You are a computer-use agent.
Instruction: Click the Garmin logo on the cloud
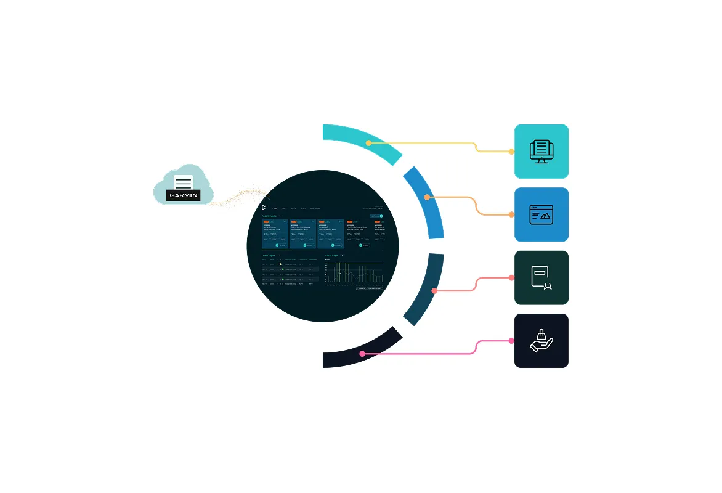click(x=184, y=195)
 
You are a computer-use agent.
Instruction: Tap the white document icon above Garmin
click(x=184, y=182)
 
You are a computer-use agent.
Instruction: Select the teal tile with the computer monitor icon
click(x=541, y=152)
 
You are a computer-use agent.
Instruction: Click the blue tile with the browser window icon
click(x=541, y=214)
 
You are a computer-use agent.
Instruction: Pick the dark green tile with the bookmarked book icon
click(x=541, y=278)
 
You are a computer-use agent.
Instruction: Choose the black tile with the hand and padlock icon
click(x=541, y=341)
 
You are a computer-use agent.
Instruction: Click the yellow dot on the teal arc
click(x=368, y=143)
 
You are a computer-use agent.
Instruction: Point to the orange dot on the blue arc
click(x=428, y=197)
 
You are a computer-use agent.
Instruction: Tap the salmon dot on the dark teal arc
click(x=434, y=290)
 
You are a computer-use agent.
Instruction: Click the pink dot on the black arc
click(x=362, y=354)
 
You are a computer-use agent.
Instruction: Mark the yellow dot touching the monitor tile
click(x=511, y=152)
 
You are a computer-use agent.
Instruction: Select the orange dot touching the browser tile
click(x=511, y=214)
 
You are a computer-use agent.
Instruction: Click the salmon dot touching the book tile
click(x=511, y=278)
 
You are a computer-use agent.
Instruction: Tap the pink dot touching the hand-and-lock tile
click(x=511, y=341)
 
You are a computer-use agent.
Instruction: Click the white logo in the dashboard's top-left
click(x=264, y=207)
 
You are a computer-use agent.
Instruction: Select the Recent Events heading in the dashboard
click(x=270, y=216)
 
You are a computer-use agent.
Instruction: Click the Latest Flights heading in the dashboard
click(x=269, y=255)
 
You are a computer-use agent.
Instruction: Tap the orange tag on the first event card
click(x=266, y=221)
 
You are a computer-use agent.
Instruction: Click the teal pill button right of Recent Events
click(x=376, y=216)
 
